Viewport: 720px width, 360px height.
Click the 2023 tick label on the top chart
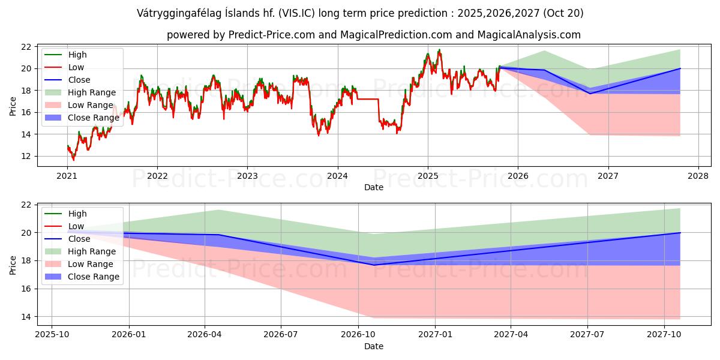[247, 176]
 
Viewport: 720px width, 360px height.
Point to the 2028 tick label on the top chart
[698, 176]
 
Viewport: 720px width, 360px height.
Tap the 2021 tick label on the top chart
[67, 176]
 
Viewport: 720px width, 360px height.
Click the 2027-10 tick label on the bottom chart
[664, 335]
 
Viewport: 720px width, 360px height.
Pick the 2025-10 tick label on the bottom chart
[52, 335]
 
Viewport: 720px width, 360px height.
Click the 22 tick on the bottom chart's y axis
[26, 205]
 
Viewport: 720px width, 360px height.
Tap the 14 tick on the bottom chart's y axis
[26, 317]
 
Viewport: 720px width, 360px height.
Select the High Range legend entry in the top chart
[92, 92]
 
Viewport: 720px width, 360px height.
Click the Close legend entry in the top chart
[79, 80]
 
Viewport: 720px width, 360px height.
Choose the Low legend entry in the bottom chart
[76, 226]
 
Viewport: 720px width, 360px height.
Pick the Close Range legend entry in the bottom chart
[94, 277]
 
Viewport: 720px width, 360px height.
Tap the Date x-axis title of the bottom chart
[374, 346]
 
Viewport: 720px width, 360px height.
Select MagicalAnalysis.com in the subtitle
[529, 35]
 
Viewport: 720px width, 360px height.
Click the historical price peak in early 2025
[439, 50]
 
